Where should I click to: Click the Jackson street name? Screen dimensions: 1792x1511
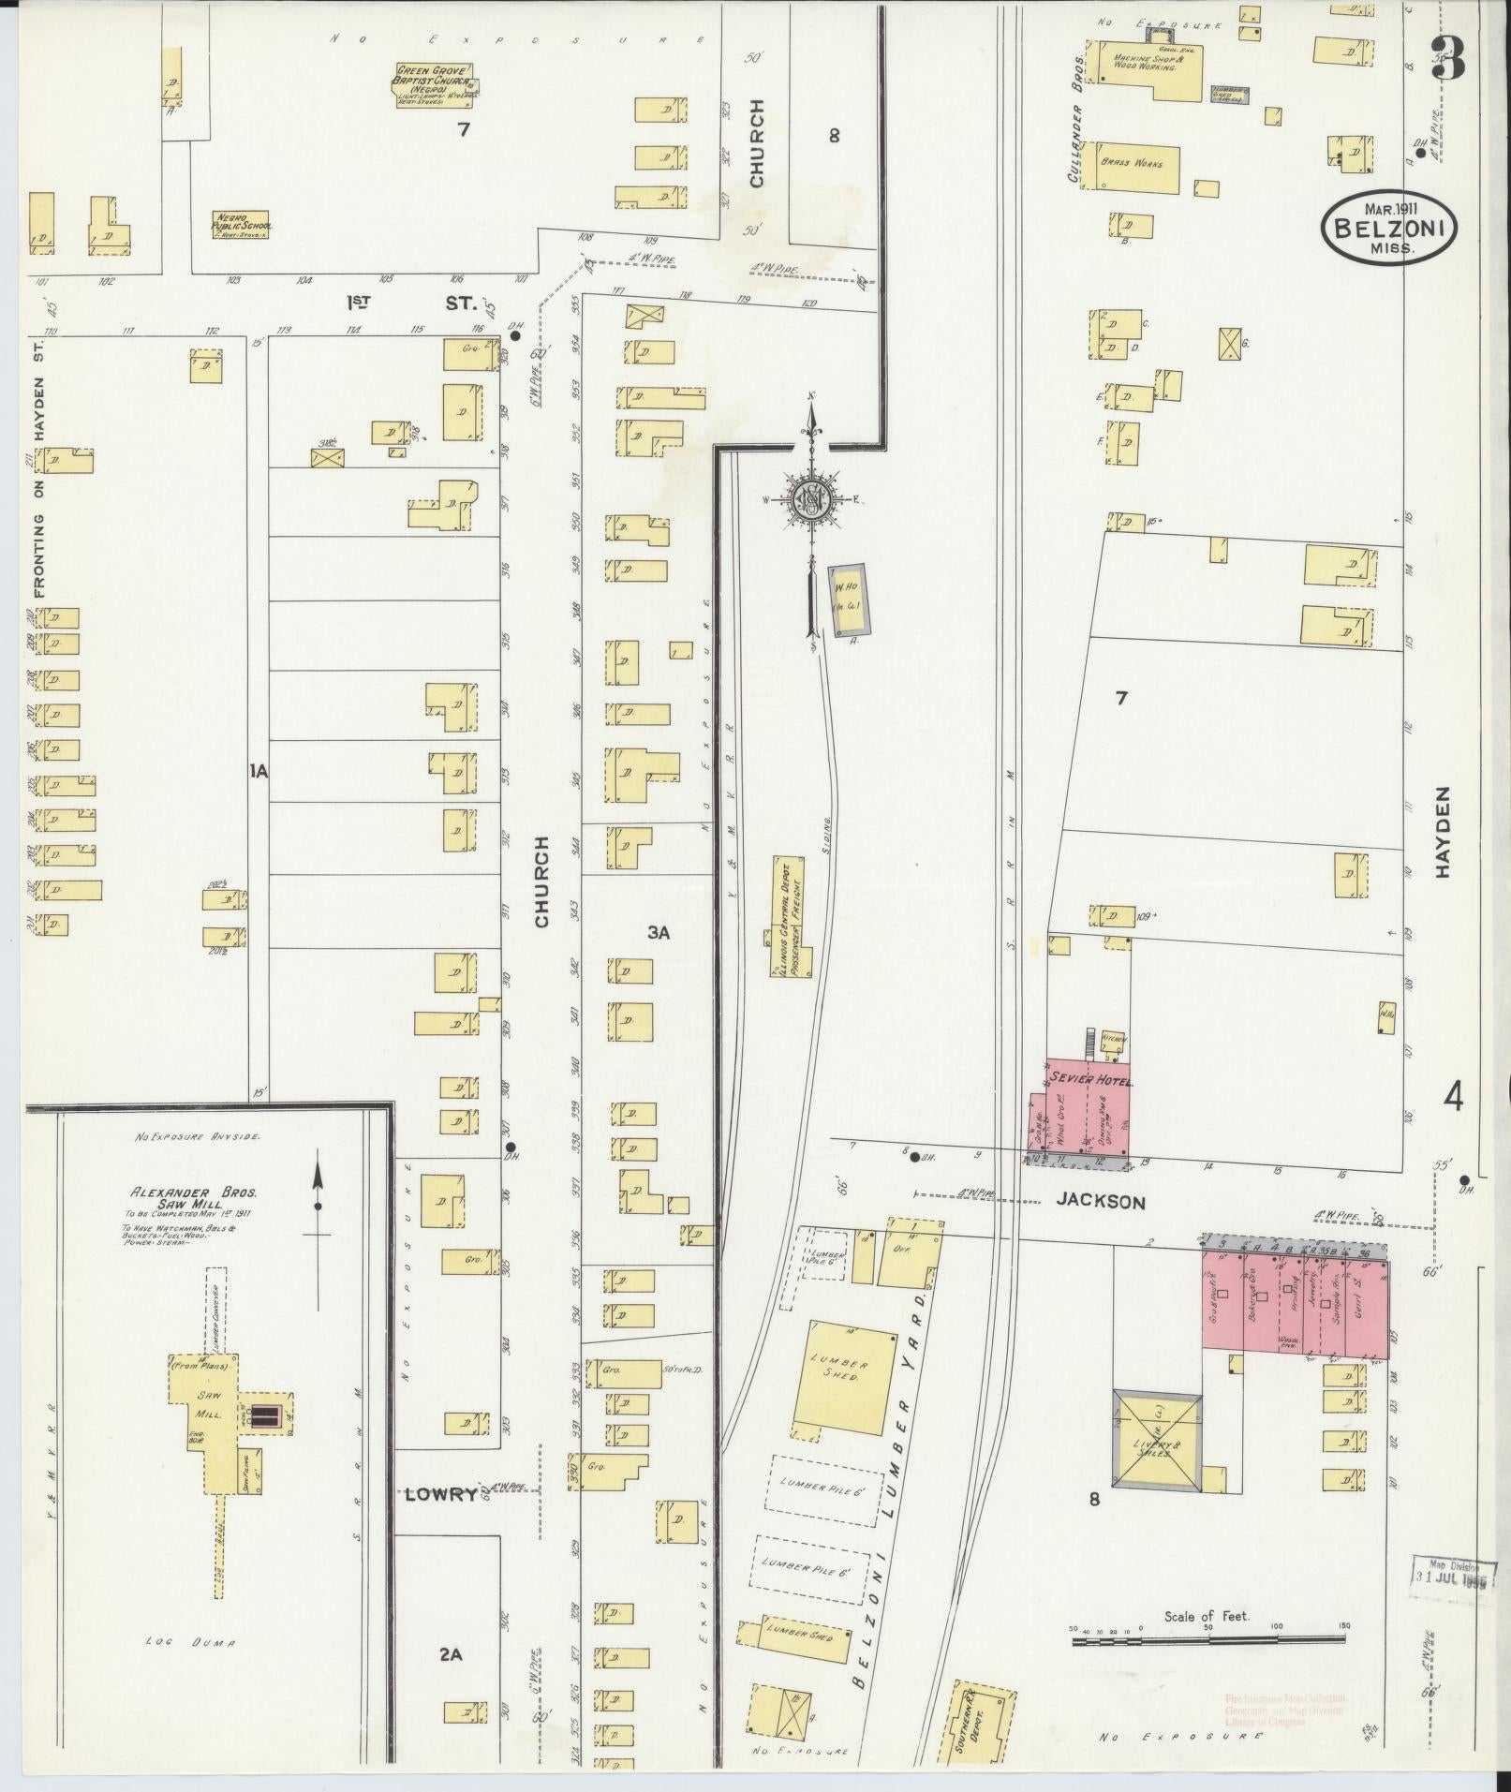pos(1101,1202)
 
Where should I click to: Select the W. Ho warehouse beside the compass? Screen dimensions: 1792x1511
pos(849,595)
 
